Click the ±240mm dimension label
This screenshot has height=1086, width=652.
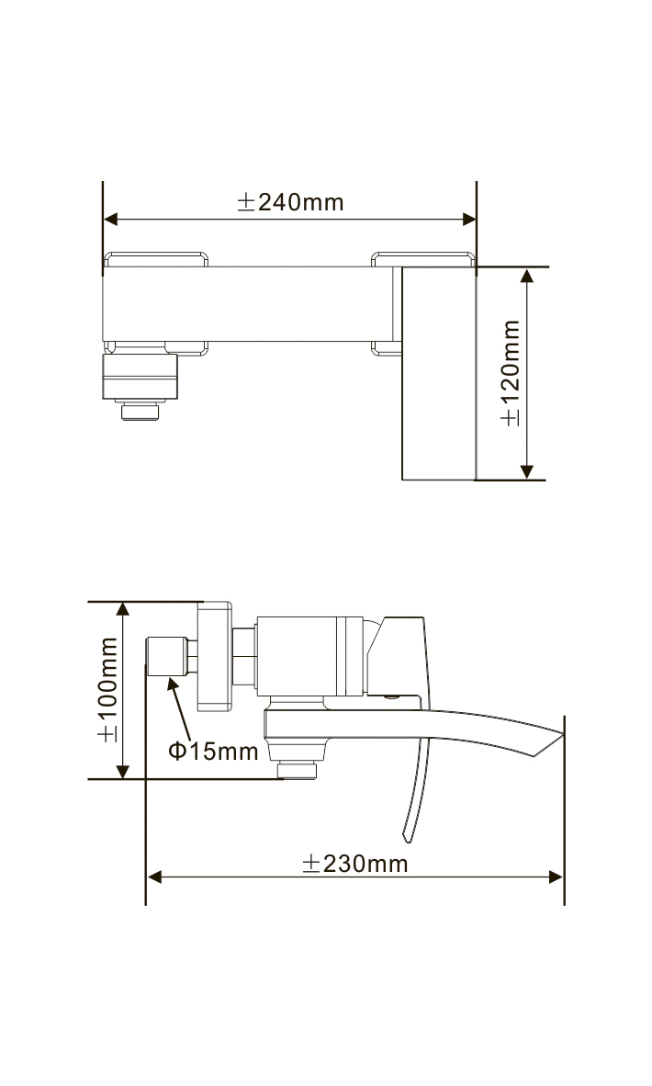[290, 202]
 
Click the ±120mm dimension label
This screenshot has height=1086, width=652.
[511, 373]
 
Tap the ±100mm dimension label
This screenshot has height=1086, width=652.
[108, 689]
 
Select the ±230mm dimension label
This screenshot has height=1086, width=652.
[355, 864]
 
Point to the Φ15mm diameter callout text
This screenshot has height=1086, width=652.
[213, 751]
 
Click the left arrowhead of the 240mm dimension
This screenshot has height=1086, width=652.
[111, 220]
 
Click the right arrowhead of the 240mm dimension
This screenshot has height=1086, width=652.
[469, 220]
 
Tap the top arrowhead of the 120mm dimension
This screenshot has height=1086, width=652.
[526, 276]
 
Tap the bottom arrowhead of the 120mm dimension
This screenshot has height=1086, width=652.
[526, 472]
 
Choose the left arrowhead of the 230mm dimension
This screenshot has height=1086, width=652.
[155, 877]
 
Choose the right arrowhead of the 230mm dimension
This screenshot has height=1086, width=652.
[556, 877]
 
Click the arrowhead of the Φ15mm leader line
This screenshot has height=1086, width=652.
[172, 683]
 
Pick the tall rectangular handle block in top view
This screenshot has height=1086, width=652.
[439, 373]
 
